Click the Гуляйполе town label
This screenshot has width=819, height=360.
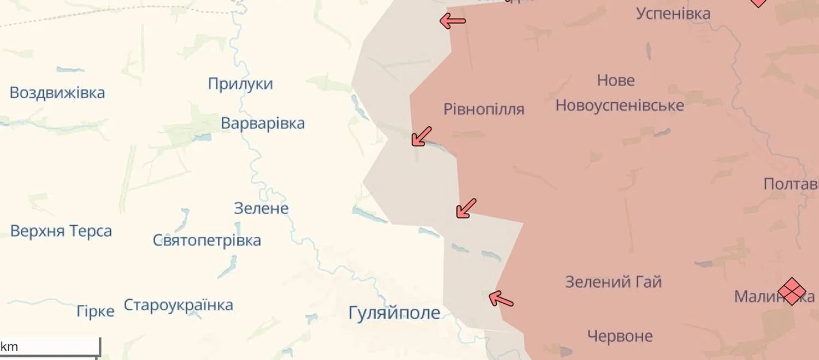click(394, 313)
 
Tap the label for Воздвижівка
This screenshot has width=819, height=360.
click(57, 92)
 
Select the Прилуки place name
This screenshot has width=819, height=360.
click(240, 84)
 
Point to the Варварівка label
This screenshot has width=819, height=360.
click(263, 123)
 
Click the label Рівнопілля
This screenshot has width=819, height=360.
click(484, 109)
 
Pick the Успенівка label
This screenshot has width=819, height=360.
click(673, 14)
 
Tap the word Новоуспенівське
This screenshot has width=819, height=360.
click(620, 105)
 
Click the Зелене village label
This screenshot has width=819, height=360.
click(261, 208)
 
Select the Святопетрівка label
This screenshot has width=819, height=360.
click(207, 240)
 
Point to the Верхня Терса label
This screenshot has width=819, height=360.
click(61, 231)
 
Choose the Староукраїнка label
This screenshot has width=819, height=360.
click(179, 305)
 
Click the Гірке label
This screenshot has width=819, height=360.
click(96, 311)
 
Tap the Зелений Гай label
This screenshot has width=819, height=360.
click(613, 282)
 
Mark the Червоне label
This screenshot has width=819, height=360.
click(620, 336)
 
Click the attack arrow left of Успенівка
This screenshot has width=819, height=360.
click(453, 21)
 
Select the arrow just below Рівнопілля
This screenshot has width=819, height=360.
click(422, 136)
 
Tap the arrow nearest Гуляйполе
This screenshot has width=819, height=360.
click(501, 299)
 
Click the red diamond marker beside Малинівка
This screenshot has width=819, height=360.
click(792, 291)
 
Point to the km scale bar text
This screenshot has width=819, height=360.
click(9, 346)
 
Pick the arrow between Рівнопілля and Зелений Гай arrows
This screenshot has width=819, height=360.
click(466, 209)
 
